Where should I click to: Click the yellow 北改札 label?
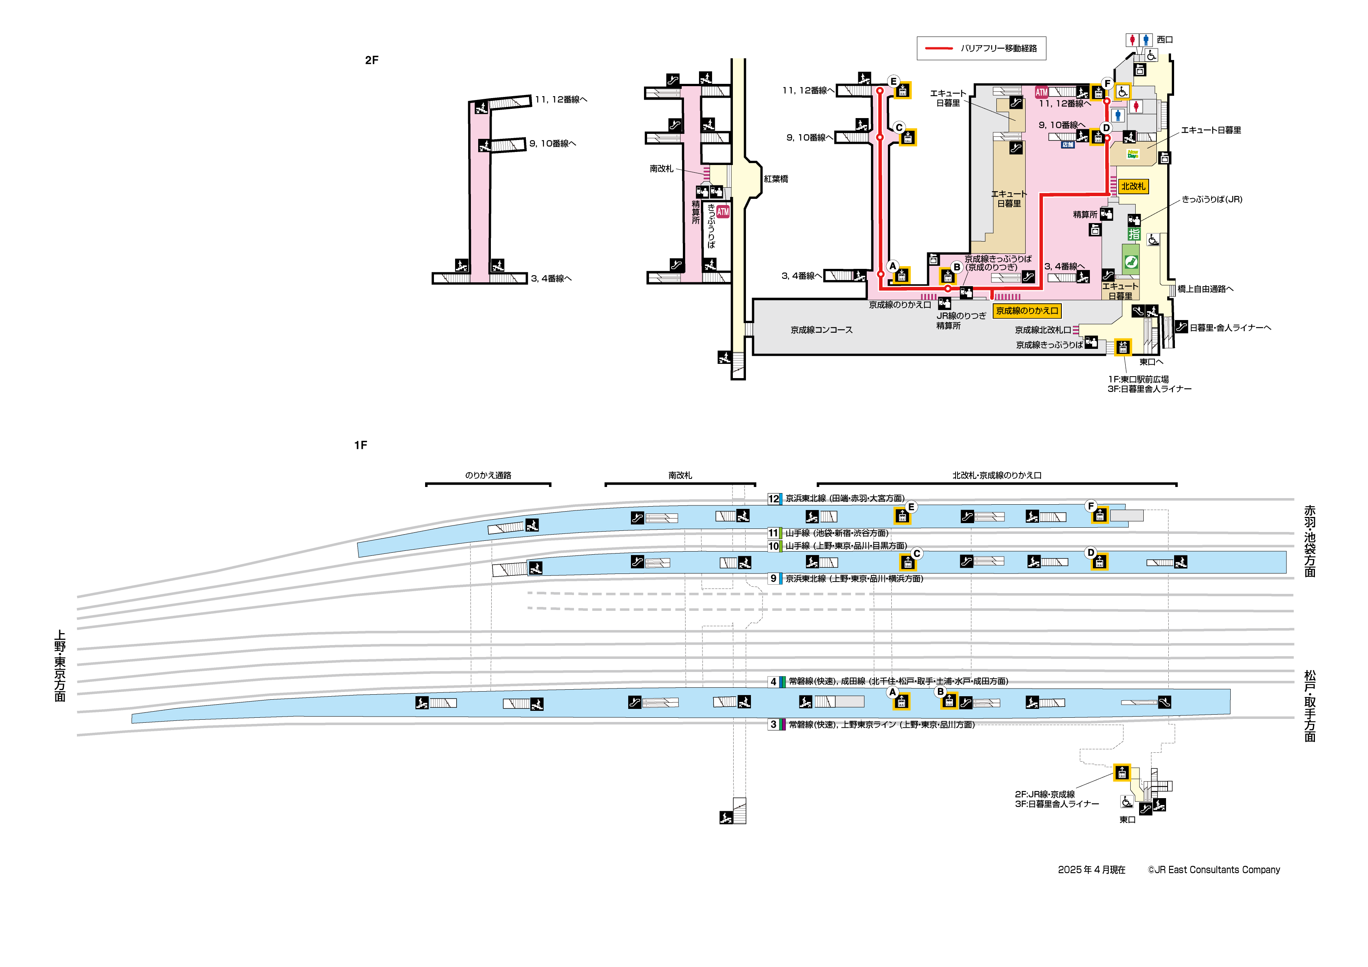click(x=1133, y=187)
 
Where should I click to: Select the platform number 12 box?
click(x=773, y=499)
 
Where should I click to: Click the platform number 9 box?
click(x=773, y=578)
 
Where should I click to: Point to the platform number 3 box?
click(x=773, y=725)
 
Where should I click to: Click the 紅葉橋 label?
click(x=776, y=179)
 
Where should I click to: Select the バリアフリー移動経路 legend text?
click(x=999, y=48)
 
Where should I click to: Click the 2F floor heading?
click(x=371, y=60)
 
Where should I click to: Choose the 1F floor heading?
click(x=360, y=445)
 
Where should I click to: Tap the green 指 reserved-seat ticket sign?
click(x=1133, y=234)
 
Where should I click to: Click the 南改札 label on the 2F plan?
click(x=661, y=168)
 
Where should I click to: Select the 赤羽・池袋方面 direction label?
click(x=1310, y=541)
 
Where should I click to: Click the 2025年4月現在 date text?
click(x=1091, y=870)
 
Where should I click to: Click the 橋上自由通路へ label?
click(x=1205, y=289)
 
